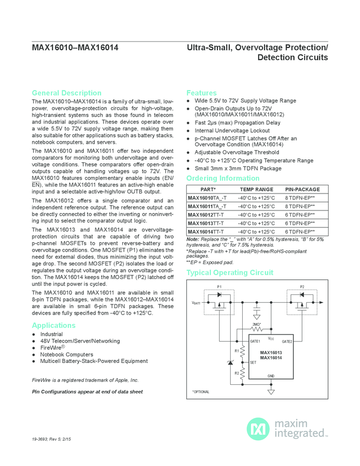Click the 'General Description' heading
tap(66, 93)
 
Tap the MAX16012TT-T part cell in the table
tap(202, 215)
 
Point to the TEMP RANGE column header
tap(256, 189)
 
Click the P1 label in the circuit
tap(220, 287)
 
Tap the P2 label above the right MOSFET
tap(302, 287)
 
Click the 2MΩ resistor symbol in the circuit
tap(257, 329)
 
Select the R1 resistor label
tap(237, 350)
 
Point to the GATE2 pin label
tap(287, 341)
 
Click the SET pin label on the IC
tap(253, 362)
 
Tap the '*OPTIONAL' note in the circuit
tap(201, 391)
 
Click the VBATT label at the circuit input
tap(196, 303)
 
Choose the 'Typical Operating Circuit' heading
tap(230, 272)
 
